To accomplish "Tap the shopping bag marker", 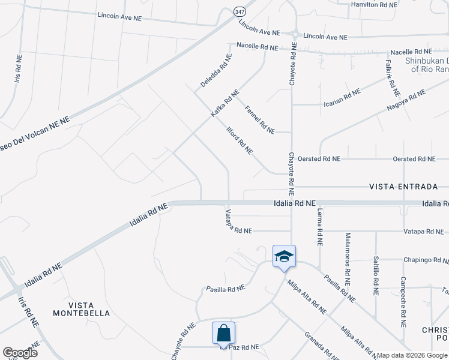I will [x=223, y=334].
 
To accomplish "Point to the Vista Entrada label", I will [x=400, y=187].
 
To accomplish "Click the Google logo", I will [x=20, y=353].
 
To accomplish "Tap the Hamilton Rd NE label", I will [x=374, y=4].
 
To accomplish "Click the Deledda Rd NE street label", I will [x=216, y=71].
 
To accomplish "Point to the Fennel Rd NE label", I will [x=259, y=119].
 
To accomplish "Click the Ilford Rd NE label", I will [x=239, y=140].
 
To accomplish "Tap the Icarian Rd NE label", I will [x=340, y=97].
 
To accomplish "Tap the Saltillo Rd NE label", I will [x=376, y=276].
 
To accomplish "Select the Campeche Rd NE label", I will [x=403, y=297].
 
